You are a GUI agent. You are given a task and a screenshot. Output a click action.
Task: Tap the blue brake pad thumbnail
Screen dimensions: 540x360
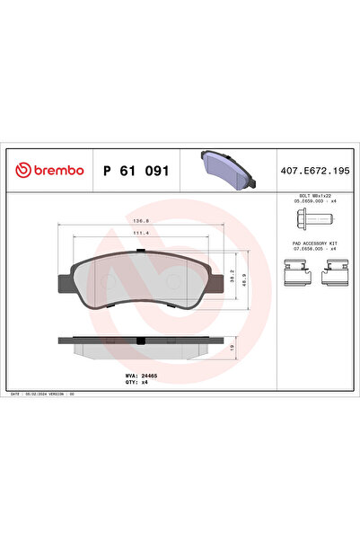(x=227, y=168)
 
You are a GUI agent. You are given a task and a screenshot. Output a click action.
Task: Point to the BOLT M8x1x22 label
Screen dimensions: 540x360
(x=312, y=194)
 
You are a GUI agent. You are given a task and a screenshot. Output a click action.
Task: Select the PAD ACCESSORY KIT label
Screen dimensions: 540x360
(x=312, y=243)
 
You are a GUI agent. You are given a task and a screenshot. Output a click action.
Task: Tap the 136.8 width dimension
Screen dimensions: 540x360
(x=140, y=219)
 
